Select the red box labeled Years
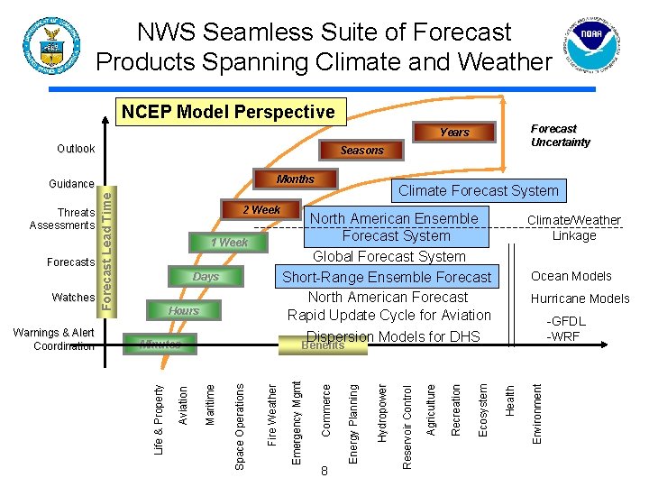(454, 133)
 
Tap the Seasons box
(361, 151)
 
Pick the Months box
(296, 179)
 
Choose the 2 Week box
(261, 210)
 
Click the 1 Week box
(229, 243)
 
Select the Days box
(206, 277)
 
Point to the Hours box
(183, 311)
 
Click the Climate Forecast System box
(479, 190)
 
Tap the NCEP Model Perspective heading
(228, 112)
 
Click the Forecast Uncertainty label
(560, 135)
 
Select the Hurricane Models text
(580, 299)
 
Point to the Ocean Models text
(571, 276)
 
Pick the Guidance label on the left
(71, 184)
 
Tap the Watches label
(73, 298)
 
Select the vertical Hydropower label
(381, 412)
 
